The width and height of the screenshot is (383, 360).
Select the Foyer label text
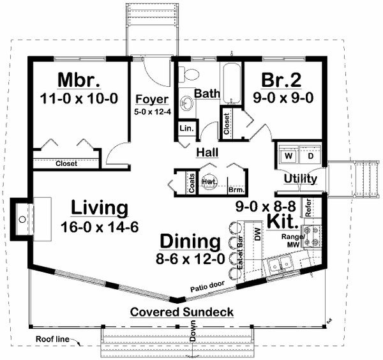(x=152, y=100)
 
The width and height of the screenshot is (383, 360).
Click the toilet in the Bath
(x=188, y=75)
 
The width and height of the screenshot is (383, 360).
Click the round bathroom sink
(x=188, y=102)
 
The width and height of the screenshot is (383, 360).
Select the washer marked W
(x=288, y=155)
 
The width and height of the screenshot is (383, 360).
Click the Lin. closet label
(x=186, y=128)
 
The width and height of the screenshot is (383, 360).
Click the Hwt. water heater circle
(x=209, y=181)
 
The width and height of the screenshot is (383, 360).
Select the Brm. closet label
(x=235, y=189)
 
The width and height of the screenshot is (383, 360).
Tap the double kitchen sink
(x=279, y=262)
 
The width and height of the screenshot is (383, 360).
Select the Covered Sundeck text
(x=182, y=312)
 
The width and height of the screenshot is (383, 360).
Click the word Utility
(x=300, y=179)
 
